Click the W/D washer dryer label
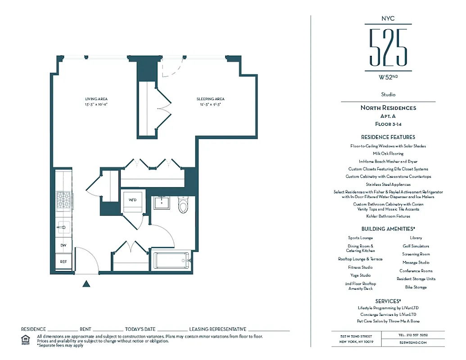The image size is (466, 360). tap(132, 199)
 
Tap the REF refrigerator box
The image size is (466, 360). tap(63, 261)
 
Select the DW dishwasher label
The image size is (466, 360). tap(63, 245)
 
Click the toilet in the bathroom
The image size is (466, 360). tap(183, 206)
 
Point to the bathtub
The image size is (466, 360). tap(172, 261)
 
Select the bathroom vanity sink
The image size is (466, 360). tap(161, 203)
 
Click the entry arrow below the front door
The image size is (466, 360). tap(87, 283)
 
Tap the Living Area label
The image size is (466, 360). tap(96, 99)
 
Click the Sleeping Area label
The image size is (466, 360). tap(210, 99)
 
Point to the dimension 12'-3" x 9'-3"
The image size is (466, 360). tap(210, 104)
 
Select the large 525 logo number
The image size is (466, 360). tap(388, 47)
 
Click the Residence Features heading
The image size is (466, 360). tap(388, 137)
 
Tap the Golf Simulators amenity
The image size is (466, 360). tap(416, 246)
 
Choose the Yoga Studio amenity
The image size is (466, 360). tap(361, 275)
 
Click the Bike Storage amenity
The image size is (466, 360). tap(416, 287)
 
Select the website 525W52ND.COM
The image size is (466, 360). tap(413, 342)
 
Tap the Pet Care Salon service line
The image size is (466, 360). tap(388, 321)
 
